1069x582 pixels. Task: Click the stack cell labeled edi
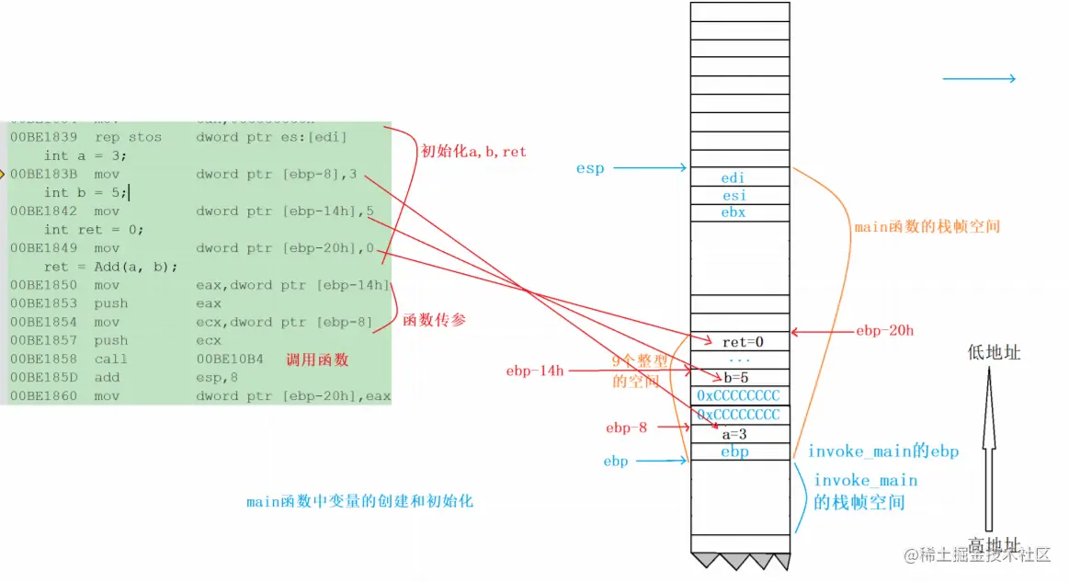pos(734,177)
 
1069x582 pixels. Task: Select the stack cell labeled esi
pos(734,195)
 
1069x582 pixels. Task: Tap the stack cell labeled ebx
pos(734,212)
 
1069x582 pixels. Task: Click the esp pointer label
pos(590,168)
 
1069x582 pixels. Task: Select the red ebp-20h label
pos(884,330)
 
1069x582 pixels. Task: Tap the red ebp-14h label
pos(535,371)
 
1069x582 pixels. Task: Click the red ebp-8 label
pos(627,428)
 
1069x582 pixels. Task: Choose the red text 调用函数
pos(318,359)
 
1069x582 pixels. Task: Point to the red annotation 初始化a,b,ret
pos(473,152)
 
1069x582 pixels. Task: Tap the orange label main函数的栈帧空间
pos(927,226)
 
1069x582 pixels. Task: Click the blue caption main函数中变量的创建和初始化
pos(359,502)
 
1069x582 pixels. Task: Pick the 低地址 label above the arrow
pos(994,353)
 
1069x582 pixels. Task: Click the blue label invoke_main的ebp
pos(882,451)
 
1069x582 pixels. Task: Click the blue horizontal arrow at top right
pos(979,79)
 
